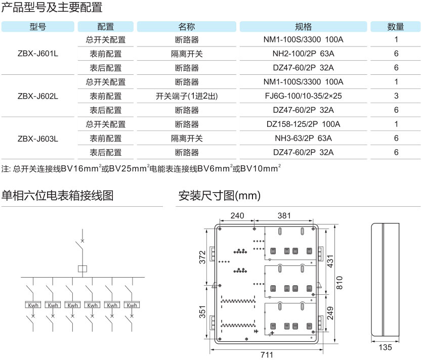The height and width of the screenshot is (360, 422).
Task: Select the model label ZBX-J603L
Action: (38, 138)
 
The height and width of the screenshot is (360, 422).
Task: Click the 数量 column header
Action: (396, 27)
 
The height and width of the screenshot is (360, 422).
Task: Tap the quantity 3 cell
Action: (396, 96)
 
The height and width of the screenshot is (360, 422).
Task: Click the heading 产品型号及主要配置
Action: (52, 7)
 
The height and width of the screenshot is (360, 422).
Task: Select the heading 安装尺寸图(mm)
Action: (219, 195)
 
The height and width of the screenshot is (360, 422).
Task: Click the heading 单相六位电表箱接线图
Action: (57, 195)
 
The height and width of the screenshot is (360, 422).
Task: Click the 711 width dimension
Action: (267, 354)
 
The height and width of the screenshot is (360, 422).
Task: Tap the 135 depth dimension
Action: (386, 347)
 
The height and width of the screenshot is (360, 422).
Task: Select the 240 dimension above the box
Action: (237, 216)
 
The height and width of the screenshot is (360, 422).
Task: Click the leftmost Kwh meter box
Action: (33, 305)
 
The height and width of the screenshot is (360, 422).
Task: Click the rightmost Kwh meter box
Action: (132, 305)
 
